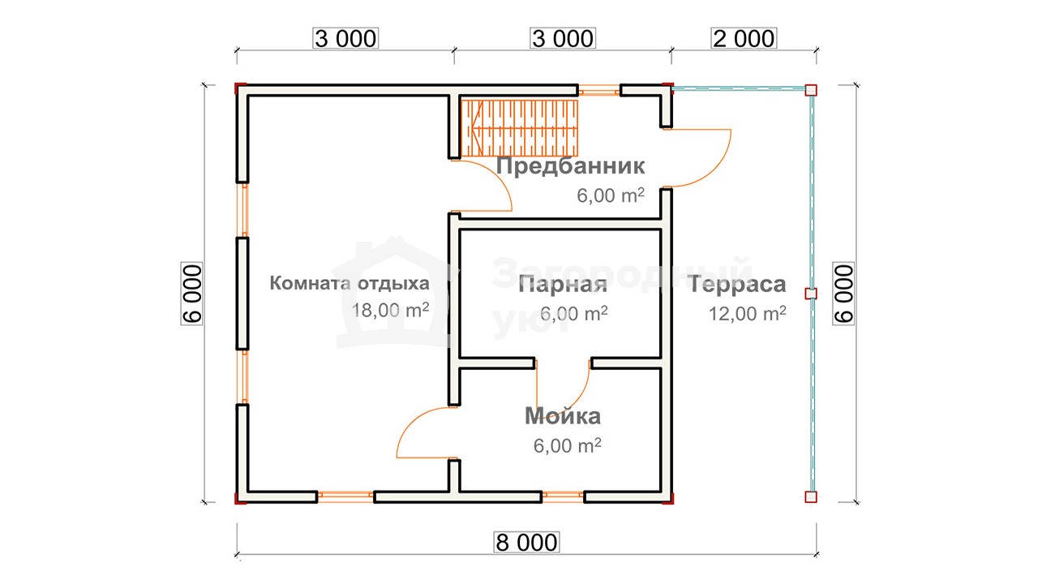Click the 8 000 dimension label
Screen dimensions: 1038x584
click(x=526, y=543)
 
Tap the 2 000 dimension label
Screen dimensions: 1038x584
click(x=744, y=38)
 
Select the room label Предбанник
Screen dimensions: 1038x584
click(x=570, y=166)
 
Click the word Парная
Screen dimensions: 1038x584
click(x=563, y=284)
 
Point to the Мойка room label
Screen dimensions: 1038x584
click(x=563, y=416)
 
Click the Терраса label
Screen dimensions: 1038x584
click(x=737, y=284)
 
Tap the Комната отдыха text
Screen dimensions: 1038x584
click(x=350, y=283)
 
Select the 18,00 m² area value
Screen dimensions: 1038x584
click(x=390, y=310)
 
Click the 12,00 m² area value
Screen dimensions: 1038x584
click(x=748, y=313)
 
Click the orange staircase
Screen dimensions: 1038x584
click(x=520, y=128)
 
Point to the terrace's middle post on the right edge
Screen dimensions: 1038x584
click(x=811, y=294)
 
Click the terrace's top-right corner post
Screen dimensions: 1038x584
click(x=811, y=90)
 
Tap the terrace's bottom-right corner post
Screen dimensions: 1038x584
click(x=811, y=497)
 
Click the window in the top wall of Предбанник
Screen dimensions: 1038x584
click(x=599, y=90)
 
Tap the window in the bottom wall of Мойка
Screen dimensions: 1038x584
click(x=563, y=497)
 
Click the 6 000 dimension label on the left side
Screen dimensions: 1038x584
click(x=192, y=294)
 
